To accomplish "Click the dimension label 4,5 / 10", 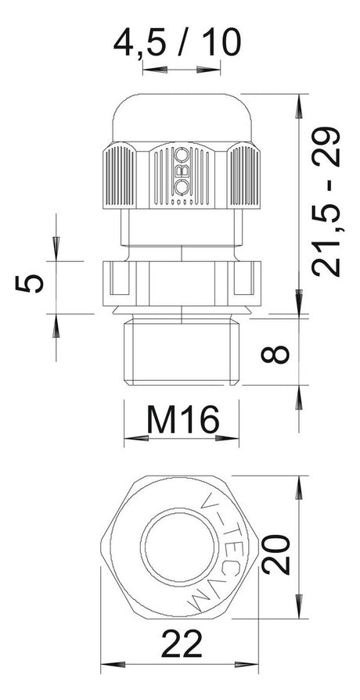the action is [x=177, y=42].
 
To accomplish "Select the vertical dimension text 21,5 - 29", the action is [x=326, y=201].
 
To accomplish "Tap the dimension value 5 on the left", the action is [x=30, y=283].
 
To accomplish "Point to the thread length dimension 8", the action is [x=275, y=350].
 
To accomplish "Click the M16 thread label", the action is [x=182, y=419].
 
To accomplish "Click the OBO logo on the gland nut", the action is [x=181, y=171].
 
